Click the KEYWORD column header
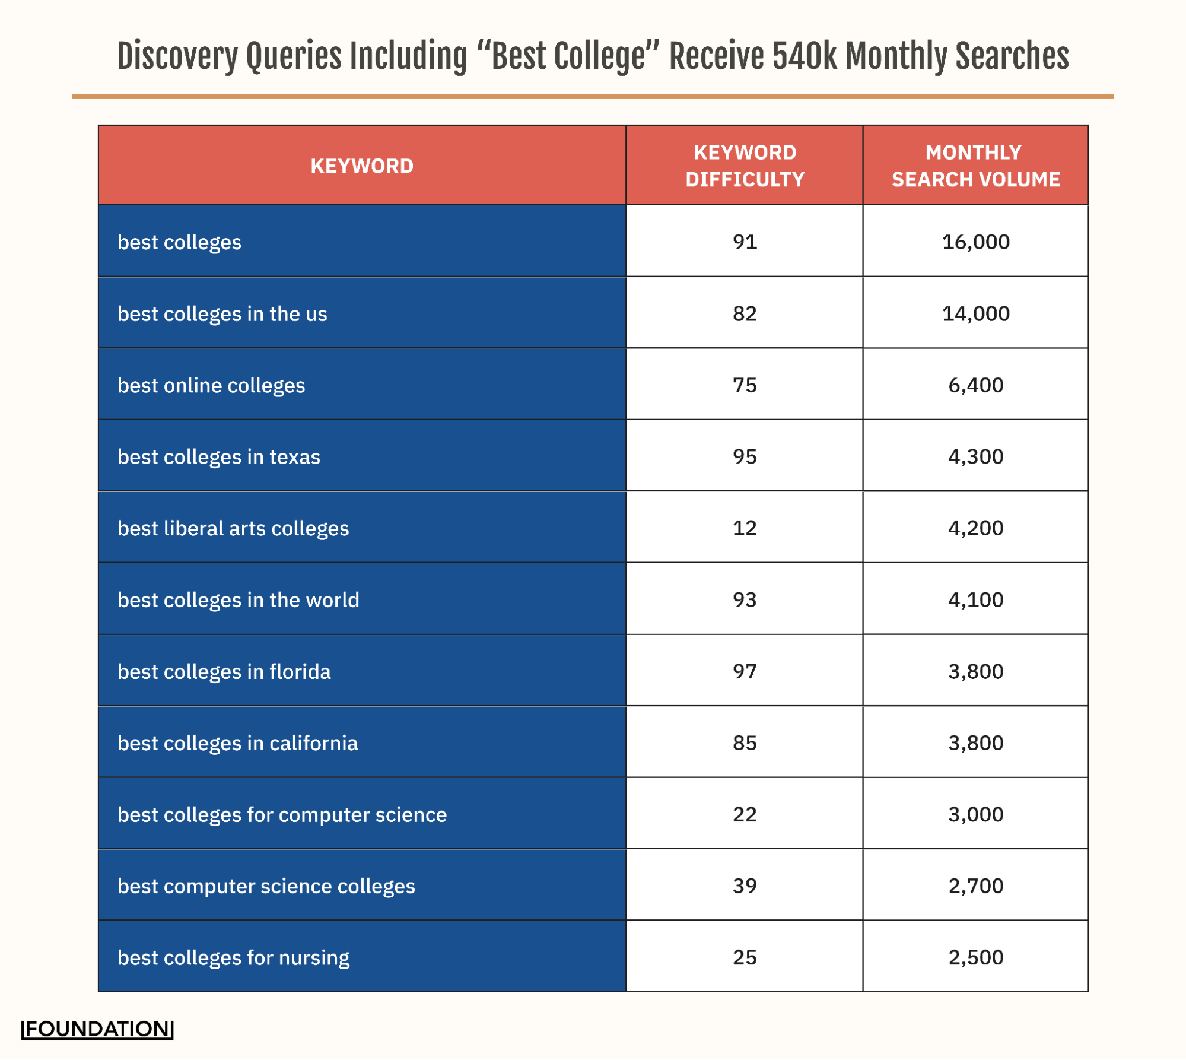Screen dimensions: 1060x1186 362,166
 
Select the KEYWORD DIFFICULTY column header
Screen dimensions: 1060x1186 745,166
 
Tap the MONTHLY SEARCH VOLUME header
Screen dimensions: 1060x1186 975,166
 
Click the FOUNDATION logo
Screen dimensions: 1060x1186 97,1029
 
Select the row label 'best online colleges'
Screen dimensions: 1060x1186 211,385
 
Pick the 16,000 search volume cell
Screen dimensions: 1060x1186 975,242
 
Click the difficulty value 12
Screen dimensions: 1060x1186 745,528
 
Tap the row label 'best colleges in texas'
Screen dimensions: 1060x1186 218,456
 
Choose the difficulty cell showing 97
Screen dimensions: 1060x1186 745,671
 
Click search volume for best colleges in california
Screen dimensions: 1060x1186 975,742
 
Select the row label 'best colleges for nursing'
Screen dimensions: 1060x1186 233,957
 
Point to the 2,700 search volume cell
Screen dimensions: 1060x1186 975,886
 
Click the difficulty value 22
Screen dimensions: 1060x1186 745,814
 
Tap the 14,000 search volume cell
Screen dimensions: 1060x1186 975,313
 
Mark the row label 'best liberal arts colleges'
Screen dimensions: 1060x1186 233,528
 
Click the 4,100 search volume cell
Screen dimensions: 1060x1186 975,599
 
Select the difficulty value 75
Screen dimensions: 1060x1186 745,385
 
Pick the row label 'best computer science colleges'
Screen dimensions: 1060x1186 266,886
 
